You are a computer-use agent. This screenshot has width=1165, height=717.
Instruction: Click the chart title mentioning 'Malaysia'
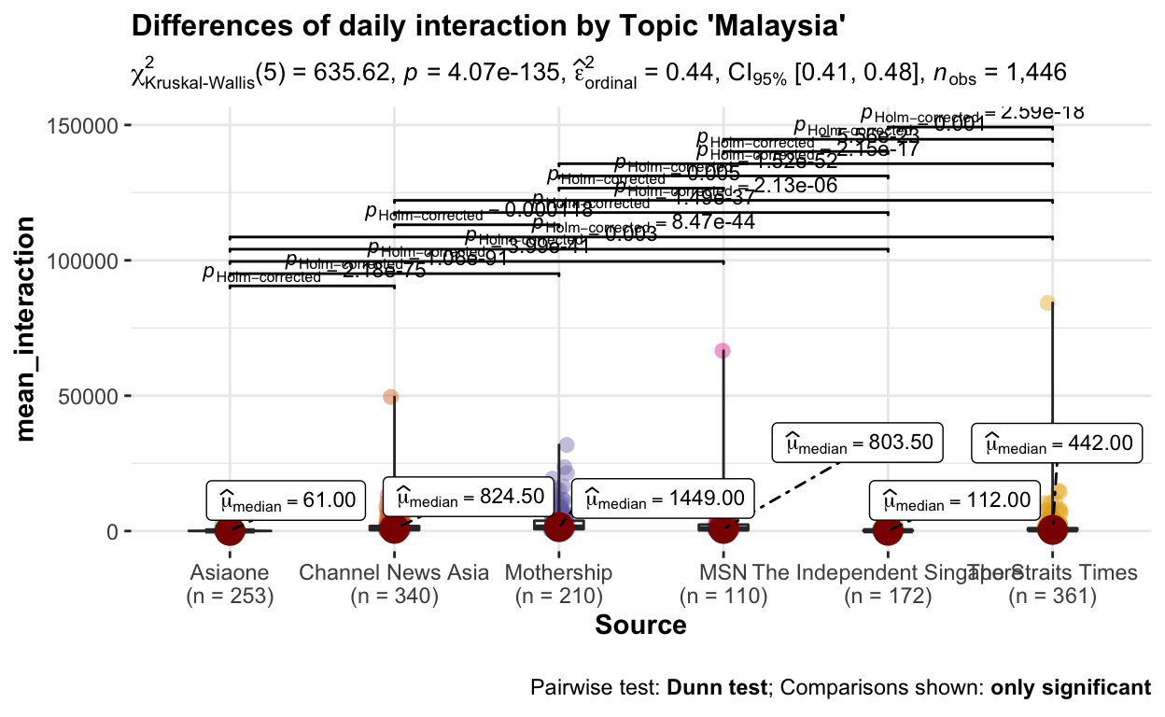click(x=489, y=26)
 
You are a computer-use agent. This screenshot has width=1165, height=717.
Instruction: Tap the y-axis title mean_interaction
click(x=29, y=329)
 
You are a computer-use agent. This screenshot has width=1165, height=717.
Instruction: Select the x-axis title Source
click(x=640, y=625)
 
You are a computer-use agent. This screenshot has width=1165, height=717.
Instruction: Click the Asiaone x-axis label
click(x=229, y=572)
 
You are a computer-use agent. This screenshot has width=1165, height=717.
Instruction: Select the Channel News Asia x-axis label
click(x=394, y=572)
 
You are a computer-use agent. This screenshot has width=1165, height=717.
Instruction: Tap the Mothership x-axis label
click(x=558, y=572)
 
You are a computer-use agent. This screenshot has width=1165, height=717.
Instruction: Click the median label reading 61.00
click(x=284, y=502)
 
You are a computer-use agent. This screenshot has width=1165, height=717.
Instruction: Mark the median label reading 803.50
click(x=858, y=442)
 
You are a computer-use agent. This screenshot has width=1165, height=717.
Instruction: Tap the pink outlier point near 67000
click(x=723, y=350)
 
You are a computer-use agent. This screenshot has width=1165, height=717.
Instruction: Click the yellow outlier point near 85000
click(x=1047, y=302)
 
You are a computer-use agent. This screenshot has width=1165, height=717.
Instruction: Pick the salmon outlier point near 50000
click(x=391, y=397)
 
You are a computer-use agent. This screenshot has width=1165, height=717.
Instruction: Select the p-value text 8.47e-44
click(x=705, y=222)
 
